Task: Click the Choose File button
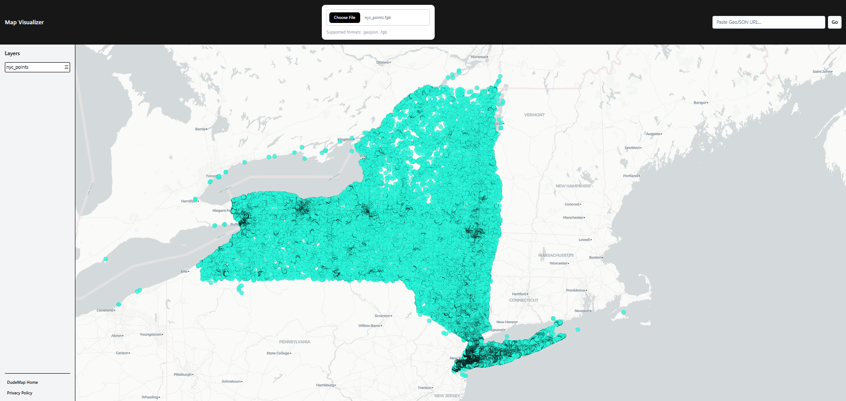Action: (x=344, y=18)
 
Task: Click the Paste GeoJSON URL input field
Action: (x=768, y=22)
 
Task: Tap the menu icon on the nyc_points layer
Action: (x=67, y=67)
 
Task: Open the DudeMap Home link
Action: (x=22, y=382)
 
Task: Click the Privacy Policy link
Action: (x=20, y=393)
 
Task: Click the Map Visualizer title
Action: (x=24, y=22)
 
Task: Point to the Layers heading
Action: (x=12, y=53)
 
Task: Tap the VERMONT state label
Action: (x=534, y=115)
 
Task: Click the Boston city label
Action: (x=595, y=257)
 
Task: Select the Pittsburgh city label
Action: (x=183, y=375)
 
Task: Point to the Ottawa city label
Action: (x=382, y=62)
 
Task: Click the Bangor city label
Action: (x=700, y=102)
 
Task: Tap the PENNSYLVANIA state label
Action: (x=294, y=342)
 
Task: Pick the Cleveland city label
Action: (x=105, y=310)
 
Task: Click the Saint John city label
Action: (x=821, y=71)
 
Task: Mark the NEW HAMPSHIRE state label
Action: (x=573, y=186)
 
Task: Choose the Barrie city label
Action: (x=200, y=129)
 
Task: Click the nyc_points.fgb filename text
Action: (x=378, y=18)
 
